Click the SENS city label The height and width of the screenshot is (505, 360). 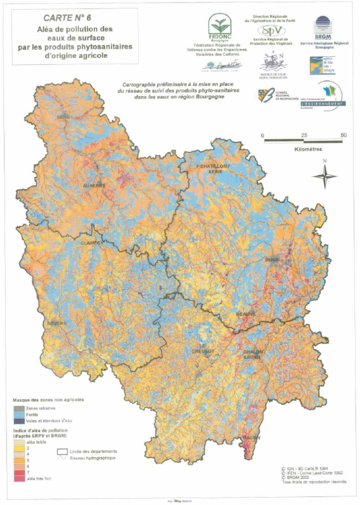coord(63,117)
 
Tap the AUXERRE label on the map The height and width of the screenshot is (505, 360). coord(94,186)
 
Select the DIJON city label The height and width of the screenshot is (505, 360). coord(272,260)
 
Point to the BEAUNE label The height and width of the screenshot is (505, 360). coord(246,314)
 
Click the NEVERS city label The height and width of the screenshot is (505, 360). coord(57,323)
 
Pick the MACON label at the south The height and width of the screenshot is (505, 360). coord(251,438)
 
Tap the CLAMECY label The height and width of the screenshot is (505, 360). coord(92,243)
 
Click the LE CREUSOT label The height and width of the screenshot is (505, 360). coord(203,349)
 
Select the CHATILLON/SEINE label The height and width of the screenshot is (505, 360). coord(215,169)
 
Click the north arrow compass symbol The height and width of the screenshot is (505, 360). coord(325,176)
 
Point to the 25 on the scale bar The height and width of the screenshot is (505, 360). coord(304,135)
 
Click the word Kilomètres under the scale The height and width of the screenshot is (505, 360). coord(308,149)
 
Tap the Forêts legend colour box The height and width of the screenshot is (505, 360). coord(19,415)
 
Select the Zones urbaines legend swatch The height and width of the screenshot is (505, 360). coord(19,408)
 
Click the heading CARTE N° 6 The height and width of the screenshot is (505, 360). coord(67,18)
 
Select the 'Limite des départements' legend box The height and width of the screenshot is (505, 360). coord(62,452)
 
